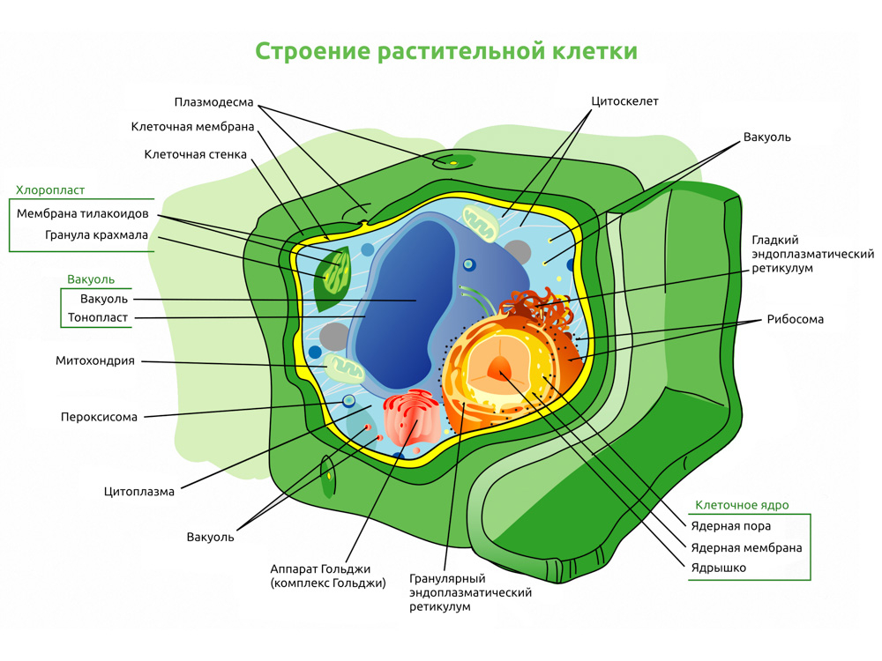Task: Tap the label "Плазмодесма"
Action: pyautogui.click(x=213, y=102)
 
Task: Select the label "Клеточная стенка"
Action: pyautogui.click(x=195, y=154)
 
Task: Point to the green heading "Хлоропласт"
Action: pyautogui.click(x=50, y=190)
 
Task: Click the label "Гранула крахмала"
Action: pyautogui.click(x=96, y=235)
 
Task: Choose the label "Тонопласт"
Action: pyautogui.click(x=98, y=317)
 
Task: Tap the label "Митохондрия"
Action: pyautogui.click(x=95, y=360)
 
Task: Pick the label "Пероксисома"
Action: pyautogui.click(x=99, y=417)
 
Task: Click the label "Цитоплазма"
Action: pyautogui.click(x=139, y=492)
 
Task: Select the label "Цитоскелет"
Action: pyautogui.click(x=624, y=101)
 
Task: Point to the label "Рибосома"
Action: pyautogui.click(x=796, y=319)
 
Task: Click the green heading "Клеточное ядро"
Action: pyautogui.click(x=742, y=505)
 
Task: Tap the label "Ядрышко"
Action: pyautogui.click(x=718, y=568)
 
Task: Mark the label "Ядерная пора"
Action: pyautogui.click(x=730, y=526)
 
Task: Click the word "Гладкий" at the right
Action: pyautogui.click(x=775, y=241)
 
